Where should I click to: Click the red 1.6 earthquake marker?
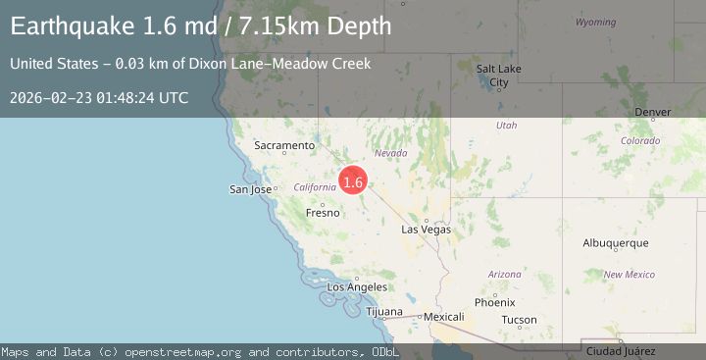[353, 181]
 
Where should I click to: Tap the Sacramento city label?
[284, 146]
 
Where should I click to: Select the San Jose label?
[250, 189]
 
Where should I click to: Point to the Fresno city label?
[323, 212]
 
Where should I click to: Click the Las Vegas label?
[427, 230]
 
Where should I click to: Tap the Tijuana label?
[384, 312]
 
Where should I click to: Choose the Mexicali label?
[443, 317]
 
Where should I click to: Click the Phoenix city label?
[494, 302]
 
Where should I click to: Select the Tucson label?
[519, 320]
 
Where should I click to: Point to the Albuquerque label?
[616, 242]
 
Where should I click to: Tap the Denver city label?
[653, 113]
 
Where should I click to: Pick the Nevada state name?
[390, 153]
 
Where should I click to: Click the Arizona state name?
[505, 274]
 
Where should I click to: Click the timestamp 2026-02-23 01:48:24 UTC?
[99, 98]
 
